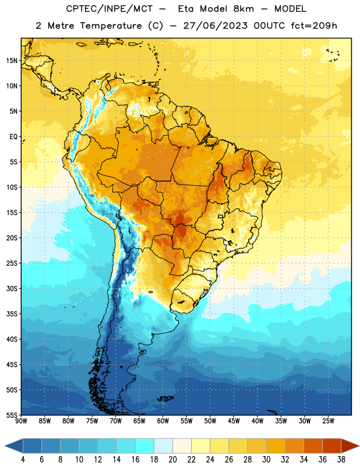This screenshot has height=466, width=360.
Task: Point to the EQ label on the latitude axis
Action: coord(13,137)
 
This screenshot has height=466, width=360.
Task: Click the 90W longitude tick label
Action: coord(21,421)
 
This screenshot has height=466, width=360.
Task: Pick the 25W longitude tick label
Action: coord(328,421)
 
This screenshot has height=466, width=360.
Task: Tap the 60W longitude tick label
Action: coord(163,421)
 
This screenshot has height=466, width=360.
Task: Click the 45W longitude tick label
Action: coord(234,421)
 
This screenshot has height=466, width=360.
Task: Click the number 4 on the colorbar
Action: coord(23,460)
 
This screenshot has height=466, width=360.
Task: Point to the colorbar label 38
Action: coord(341,460)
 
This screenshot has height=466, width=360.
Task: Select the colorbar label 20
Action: coord(172,460)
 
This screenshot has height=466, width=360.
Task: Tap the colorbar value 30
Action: coord(266,460)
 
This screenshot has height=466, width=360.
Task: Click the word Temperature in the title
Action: coord(111,26)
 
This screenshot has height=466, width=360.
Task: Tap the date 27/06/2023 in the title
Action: coord(215,26)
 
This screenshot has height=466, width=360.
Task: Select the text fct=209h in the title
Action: coord(314,26)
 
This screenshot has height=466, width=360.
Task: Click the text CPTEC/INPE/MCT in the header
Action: coord(109,9)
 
